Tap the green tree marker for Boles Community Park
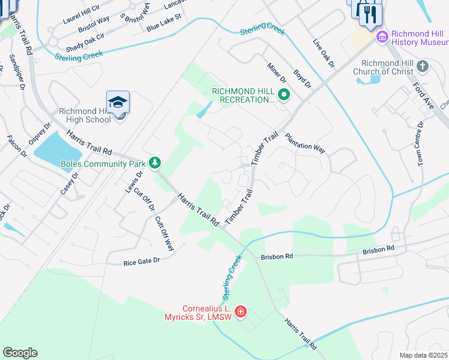[x=155, y=162]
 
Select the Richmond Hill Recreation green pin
[x=285, y=94]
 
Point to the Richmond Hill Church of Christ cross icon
[x=423, y=65]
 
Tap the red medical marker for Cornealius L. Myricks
[x=241, y=311]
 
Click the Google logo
[x=20, y=353]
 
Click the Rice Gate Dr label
[x=142, y=261]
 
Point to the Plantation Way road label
[x=304, y=143]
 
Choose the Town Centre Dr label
[x=421, y=143]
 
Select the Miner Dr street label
[x=277, y=72]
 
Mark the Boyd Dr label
[x=302, y=79]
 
